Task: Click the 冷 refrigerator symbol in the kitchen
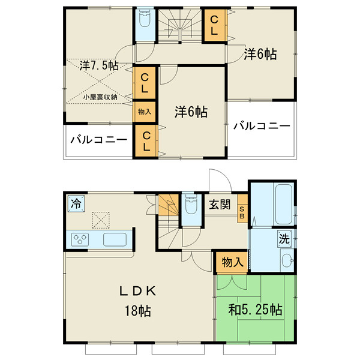point(76,203)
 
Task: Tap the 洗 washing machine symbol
point(284,239)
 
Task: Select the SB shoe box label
point(242,212)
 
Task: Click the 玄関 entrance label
point(220,204)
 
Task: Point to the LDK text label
point(138,291)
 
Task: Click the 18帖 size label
point(138,311)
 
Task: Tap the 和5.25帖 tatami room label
point(255,310)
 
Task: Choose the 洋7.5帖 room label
point(99,65)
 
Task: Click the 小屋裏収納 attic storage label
point(100,97)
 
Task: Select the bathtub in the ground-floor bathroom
point(284,203)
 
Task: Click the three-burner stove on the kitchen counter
point(80,239)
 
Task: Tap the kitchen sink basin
point(115,239)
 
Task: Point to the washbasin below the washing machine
point(287,260)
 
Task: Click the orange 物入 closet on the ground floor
point(232,262)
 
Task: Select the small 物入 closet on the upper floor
point(145,112)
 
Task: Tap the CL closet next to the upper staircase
point(214,25)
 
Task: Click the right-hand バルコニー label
point(262,126)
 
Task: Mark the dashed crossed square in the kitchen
point(101,220)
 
